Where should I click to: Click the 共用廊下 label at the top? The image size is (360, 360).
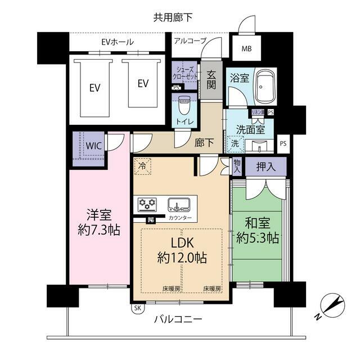coord(173,17)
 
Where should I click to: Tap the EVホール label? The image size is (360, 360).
coord(118,41)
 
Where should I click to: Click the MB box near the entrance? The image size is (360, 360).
coord(247,48)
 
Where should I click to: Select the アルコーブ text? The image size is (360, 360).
coord(190,40)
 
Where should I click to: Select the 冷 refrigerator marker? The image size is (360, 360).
coord(142,166)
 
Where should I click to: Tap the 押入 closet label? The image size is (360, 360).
coord(265,166)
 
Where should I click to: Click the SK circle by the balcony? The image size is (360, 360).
coord(137,308)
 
